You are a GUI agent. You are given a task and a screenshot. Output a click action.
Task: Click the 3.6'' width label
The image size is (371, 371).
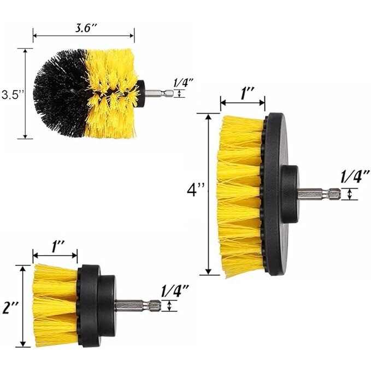pos(86,28)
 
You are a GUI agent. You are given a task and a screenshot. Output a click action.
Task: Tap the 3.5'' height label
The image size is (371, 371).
pos(13,95)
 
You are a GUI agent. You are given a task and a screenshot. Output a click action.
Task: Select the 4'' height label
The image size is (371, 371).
pos(196,190)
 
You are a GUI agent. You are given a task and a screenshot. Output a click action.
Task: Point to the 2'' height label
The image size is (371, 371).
pos(10,308)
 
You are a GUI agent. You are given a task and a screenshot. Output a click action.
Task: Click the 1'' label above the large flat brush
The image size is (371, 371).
pos(248,93)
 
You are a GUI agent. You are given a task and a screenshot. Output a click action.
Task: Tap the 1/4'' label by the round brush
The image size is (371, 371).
pos(184,83)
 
